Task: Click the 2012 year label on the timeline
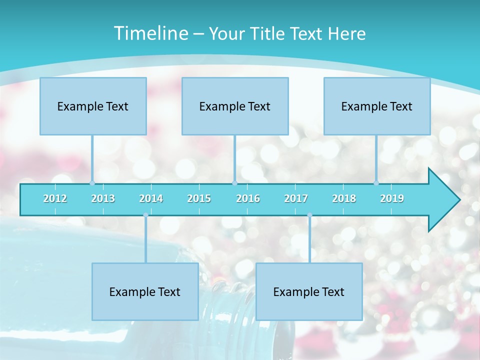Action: coord(55,198)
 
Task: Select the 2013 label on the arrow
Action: coord(103,198)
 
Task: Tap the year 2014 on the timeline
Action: coord(151,198)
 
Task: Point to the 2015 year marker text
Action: coord(199,198)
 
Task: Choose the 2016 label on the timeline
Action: coord(248,198)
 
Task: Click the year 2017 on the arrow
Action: coord(296,198)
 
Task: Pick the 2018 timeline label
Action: coord(344,198)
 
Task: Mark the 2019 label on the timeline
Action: coord(392,198)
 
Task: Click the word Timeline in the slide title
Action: coord(150,33)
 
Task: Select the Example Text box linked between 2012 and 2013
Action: coord(93,106)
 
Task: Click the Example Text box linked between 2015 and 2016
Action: coord(235,106)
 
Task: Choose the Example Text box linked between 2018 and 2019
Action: coord(377,106)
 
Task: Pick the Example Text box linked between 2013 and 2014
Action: coord(145,291)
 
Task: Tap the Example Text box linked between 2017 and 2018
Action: coord(309,291)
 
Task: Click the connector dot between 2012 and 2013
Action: coord(92,183)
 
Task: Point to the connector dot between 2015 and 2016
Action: coord(234,183)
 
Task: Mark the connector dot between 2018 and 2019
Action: coord(376,183)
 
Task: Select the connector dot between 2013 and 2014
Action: coord(145,215)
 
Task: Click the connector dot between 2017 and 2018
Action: coord(309,215)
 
